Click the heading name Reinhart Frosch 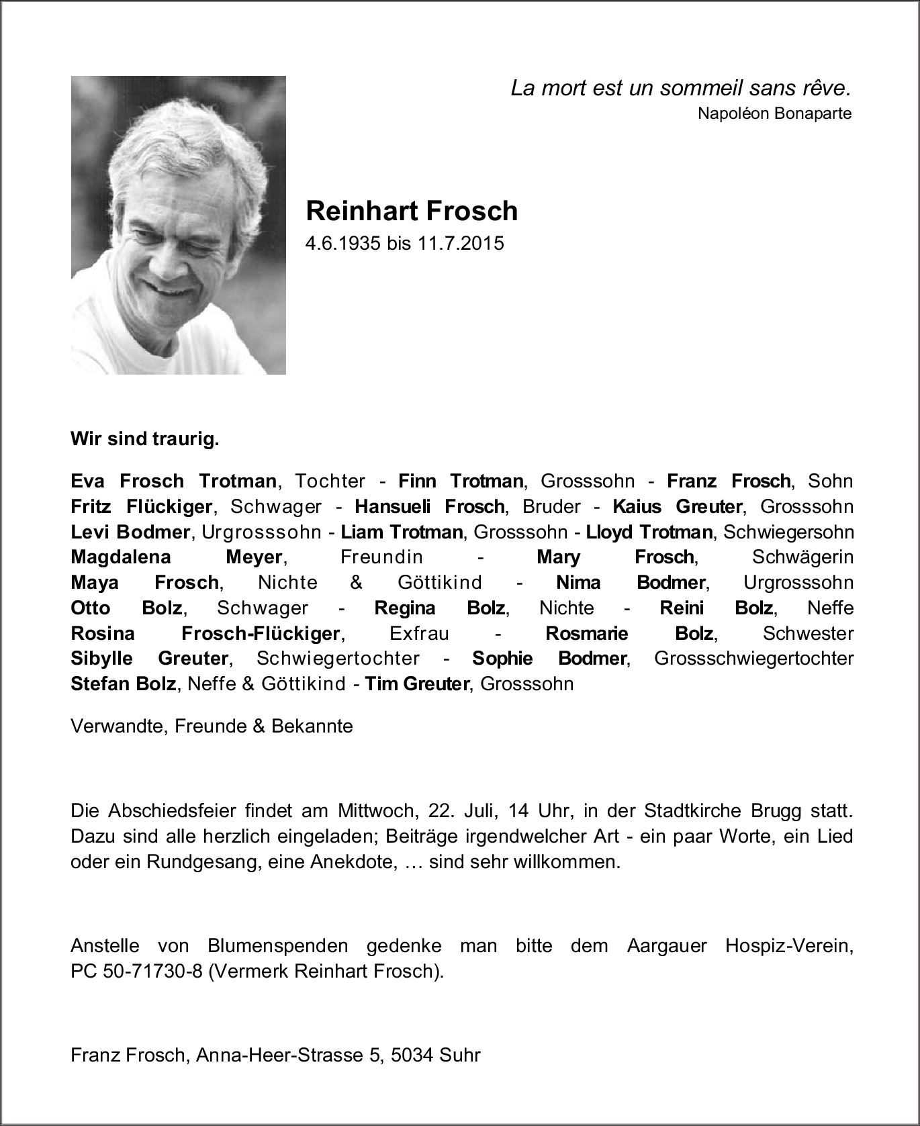[412, 211]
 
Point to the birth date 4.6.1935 [343, 243]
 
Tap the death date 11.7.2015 [461, 243]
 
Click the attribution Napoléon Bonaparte [774, 113]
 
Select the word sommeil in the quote [702, 88]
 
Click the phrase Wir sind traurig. [145, 440]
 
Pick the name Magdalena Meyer [176, 557]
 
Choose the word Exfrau [419, 633]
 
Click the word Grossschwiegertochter [753, 659]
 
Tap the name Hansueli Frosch [429, 506]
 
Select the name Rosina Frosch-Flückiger [205, 633]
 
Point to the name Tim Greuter [416, 684]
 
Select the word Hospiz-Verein [789, 946]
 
